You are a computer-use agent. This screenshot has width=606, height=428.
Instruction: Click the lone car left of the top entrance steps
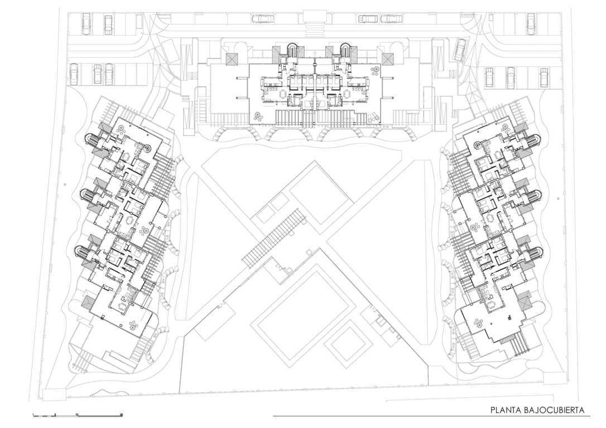tap(262, 18)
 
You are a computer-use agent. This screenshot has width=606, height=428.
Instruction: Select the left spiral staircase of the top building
tap(292, 50)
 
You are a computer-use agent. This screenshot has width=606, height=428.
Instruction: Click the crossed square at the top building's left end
tap(233, 59)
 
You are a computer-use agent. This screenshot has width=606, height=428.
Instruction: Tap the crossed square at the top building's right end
tap(387, 59)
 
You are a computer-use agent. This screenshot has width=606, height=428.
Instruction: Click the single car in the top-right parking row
tap(531, 23)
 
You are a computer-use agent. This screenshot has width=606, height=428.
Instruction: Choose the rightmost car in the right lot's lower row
tap(544, 77)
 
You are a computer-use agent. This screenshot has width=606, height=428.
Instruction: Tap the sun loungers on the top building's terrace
tap(373, 117)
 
